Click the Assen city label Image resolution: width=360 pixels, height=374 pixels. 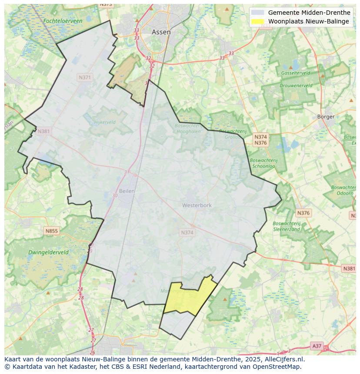[161, 32]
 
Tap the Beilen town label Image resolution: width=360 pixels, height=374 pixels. [127, 191]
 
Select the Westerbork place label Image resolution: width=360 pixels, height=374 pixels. [197, 205]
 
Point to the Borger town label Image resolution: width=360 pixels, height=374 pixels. [326, 116]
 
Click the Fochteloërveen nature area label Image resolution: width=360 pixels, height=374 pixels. [63, 21]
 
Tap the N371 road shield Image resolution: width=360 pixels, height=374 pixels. [85, 77]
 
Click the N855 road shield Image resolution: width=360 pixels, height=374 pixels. [51, 231]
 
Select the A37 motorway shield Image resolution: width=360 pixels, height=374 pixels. [317, 346]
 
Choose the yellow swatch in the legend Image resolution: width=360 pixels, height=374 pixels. [257, 21]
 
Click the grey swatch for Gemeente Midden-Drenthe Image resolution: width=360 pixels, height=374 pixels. [257, 13]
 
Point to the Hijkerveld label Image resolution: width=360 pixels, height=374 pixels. [105, 122]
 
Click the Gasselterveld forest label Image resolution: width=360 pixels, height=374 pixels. [295, 73]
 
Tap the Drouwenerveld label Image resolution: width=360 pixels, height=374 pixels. [296, 86]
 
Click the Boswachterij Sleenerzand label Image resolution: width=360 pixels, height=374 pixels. [286, 226]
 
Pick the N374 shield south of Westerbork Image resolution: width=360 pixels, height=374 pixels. [187, 233]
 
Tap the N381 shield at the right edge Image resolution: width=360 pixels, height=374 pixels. [349, 268]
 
